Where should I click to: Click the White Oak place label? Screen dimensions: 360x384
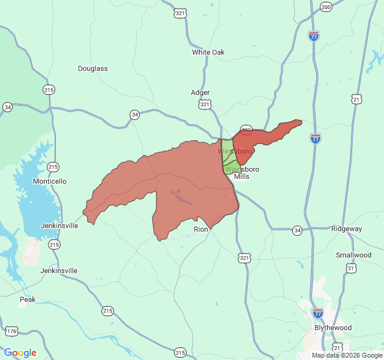[x=208, y=52]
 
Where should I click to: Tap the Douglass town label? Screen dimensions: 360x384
[x=93, y=68]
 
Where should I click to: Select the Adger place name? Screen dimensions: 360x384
[x=200, y=92]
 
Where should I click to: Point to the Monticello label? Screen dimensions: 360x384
[x=50, y=181]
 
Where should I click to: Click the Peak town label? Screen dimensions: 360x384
[x=28, y=299]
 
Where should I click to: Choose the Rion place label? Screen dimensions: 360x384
[x=201, y=229]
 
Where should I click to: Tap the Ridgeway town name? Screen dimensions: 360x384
[x=347, y=229]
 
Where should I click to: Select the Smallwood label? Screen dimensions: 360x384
[x=354, y=255]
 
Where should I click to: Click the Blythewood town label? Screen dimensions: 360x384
[x=333, y=328]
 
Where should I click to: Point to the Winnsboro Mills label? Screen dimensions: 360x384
[x=243, y=173]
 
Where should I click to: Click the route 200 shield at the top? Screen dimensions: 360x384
[x=326, y=7]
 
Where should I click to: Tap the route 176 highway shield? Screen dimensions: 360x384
[x=11, y=331]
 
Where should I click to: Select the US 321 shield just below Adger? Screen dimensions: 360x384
[x=205, y=104]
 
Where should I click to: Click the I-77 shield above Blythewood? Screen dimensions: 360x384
[x=318, y=313]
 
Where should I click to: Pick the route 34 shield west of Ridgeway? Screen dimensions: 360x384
[x=297, y=230]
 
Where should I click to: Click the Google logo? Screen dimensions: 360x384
[x=20, y=353]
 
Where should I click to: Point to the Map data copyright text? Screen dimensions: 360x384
[x=347, y=355]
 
